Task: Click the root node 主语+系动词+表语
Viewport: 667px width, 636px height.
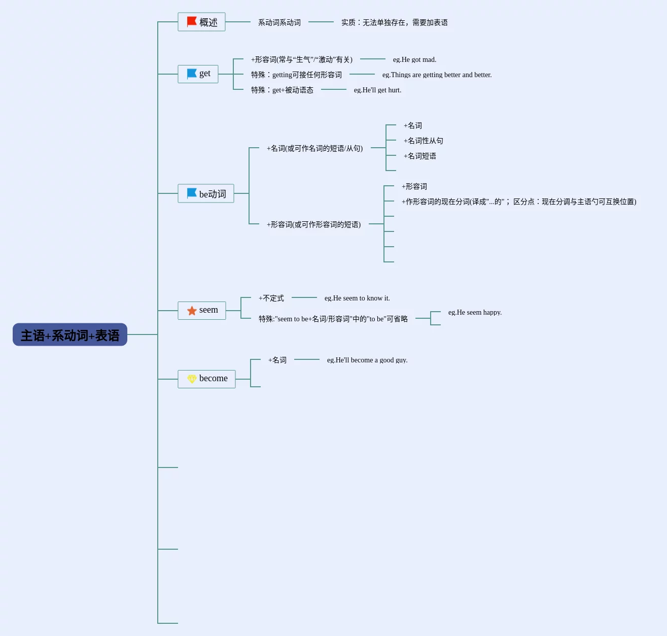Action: coord(70,335)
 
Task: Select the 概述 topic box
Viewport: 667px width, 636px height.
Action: coord(202,22)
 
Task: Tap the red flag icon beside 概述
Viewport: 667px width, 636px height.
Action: coord(191,22)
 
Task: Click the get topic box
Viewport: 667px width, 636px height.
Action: coord(198,74)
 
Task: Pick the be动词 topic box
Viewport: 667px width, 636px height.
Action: coord(206,193)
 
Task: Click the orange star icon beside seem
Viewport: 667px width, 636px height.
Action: coord(192,311)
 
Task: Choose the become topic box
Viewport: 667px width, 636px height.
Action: coord(207,379)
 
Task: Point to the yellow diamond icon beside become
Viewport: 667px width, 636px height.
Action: coord(192,379)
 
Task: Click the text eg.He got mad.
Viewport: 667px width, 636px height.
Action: coord(414,60)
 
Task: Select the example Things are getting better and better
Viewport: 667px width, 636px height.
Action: coord(437,75)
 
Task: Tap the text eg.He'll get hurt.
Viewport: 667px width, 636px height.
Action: coord(377,90)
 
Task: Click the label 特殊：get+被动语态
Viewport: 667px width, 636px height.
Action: coord(282,90)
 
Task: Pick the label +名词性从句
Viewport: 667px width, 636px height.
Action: coord(423,141)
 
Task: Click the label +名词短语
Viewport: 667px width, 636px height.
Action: coord(419,156)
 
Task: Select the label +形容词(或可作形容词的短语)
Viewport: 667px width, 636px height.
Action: coord(313,224)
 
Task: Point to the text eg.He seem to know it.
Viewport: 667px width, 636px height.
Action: coord(357,298)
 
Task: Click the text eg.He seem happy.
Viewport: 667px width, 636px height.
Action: coord(475,313)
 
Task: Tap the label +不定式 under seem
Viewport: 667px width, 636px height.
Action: coord(271,298)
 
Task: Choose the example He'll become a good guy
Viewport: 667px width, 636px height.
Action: coord(367,360)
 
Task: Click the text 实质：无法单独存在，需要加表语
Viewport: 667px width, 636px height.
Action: coord(394,23)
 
